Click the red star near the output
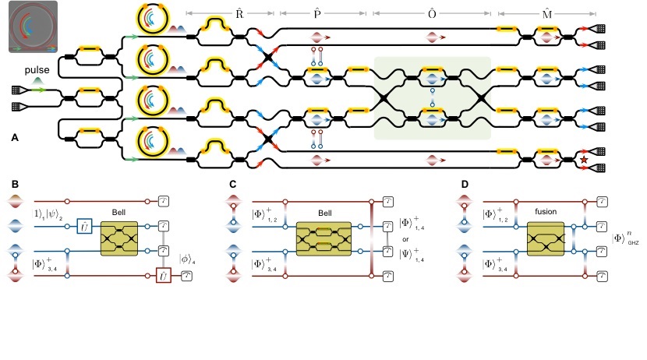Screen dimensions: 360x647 pos(584,161)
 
